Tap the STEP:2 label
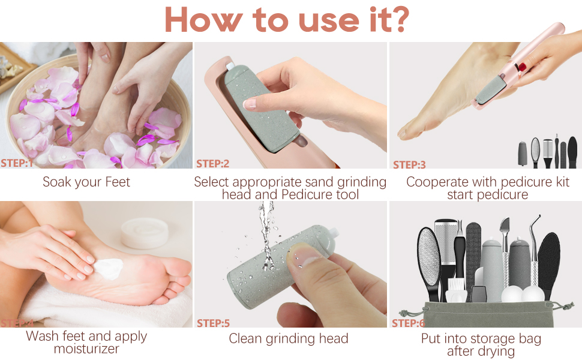[x=213, y=163]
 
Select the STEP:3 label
[x=409, y=164]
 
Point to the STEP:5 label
[x=213, y=323]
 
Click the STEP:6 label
[x=409, y=323]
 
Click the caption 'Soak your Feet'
[x=86, y=182]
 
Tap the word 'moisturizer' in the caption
[x=86, y=349]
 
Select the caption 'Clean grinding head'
[x=289, y=339]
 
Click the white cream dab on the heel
[x=106, y=267]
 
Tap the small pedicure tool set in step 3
[x=547, y=153]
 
